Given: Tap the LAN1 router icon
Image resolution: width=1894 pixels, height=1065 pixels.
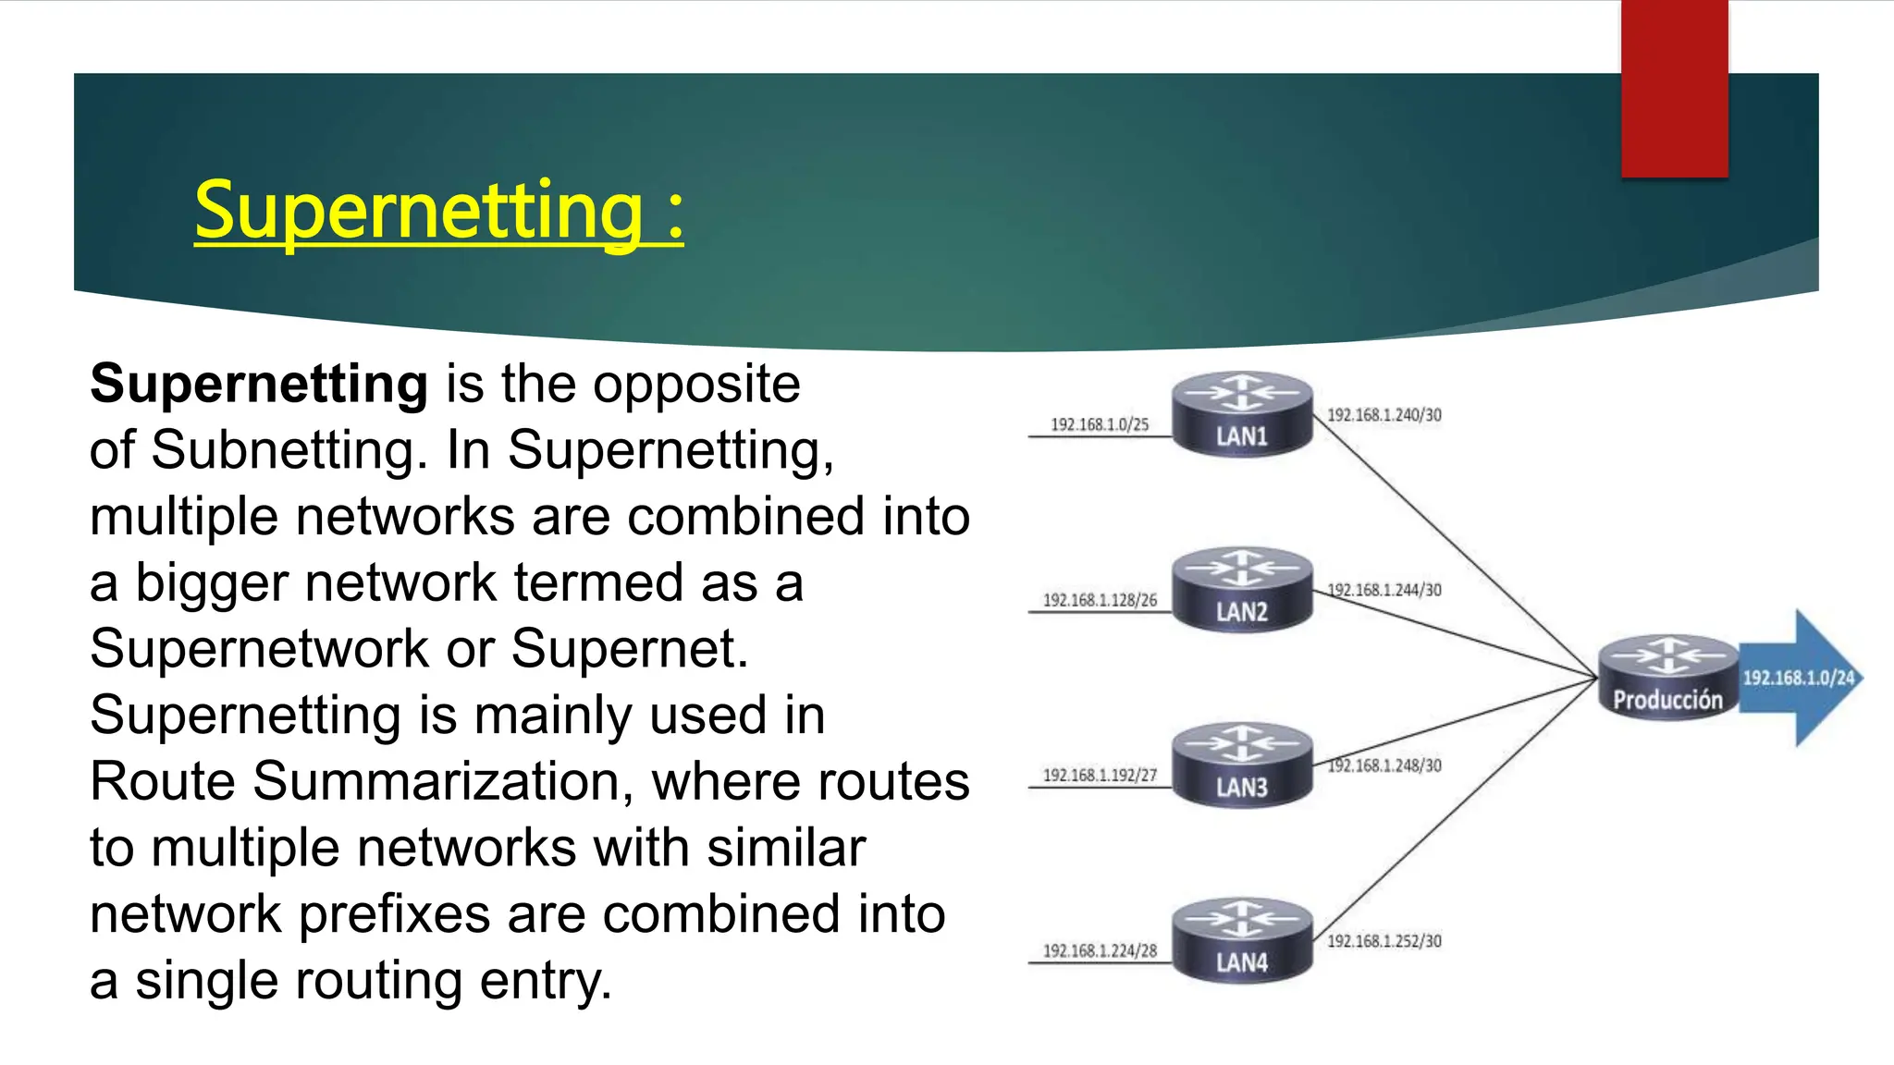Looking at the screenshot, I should point(1242,415).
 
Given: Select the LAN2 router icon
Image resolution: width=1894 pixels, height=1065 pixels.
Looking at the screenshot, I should point(1242,591).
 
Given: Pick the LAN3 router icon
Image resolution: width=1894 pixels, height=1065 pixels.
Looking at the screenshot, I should point(1242,766).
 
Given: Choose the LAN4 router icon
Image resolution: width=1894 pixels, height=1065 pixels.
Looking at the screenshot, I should point(1242,941).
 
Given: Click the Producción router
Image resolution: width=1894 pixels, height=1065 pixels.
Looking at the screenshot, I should point(1667,679).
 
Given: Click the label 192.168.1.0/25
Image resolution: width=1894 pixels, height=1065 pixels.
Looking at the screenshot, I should point(1100,424).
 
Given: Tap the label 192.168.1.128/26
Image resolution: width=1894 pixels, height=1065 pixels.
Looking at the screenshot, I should point(1100,600).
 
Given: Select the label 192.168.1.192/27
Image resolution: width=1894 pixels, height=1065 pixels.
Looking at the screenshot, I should point(1100,775).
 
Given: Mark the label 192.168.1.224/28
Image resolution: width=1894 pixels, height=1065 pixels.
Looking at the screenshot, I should point(1100,950).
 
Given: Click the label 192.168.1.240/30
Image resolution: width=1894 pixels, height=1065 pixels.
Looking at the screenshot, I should point(1384,415).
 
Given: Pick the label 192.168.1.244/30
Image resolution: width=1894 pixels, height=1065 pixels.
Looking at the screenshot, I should point(1384,590).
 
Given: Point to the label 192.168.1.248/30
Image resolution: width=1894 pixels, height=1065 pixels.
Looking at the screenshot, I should point(1384,765).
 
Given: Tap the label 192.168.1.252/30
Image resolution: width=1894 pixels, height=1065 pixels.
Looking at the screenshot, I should point(1384,941).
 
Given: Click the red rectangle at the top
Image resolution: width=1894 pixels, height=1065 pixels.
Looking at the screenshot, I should point(1674,88).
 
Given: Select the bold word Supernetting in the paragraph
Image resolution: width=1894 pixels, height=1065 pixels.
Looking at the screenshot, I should point(259,385).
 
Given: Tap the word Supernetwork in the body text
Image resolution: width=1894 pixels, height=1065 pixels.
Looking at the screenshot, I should point(259,649).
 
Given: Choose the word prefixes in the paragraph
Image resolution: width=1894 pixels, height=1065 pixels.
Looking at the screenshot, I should point(394,914).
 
